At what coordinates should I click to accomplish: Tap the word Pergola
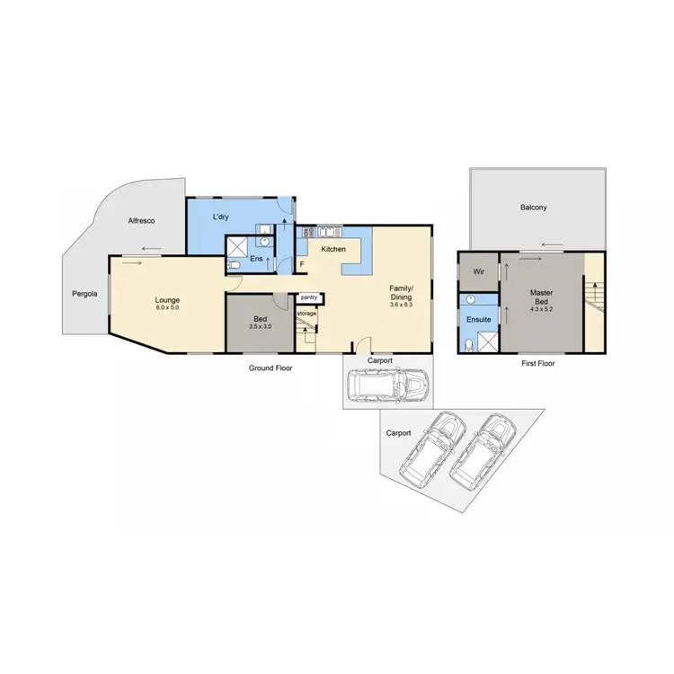click(x=85, y=293)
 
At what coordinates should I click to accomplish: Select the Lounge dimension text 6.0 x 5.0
click(x=167, y=308)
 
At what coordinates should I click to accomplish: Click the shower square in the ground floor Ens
click(x=235, y=246)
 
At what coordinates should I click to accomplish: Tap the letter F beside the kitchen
click(x=302, y=263)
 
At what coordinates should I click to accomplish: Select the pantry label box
click(x=309, y=297)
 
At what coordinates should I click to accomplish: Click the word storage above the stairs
click(x=306, y=313)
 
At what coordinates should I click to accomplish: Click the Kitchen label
click(x=333, y=248)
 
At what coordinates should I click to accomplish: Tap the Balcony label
click(x=534, y=208)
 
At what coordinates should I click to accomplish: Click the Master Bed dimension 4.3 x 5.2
click(x=541, y=310)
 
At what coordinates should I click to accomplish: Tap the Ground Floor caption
click(x=270, y=368)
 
